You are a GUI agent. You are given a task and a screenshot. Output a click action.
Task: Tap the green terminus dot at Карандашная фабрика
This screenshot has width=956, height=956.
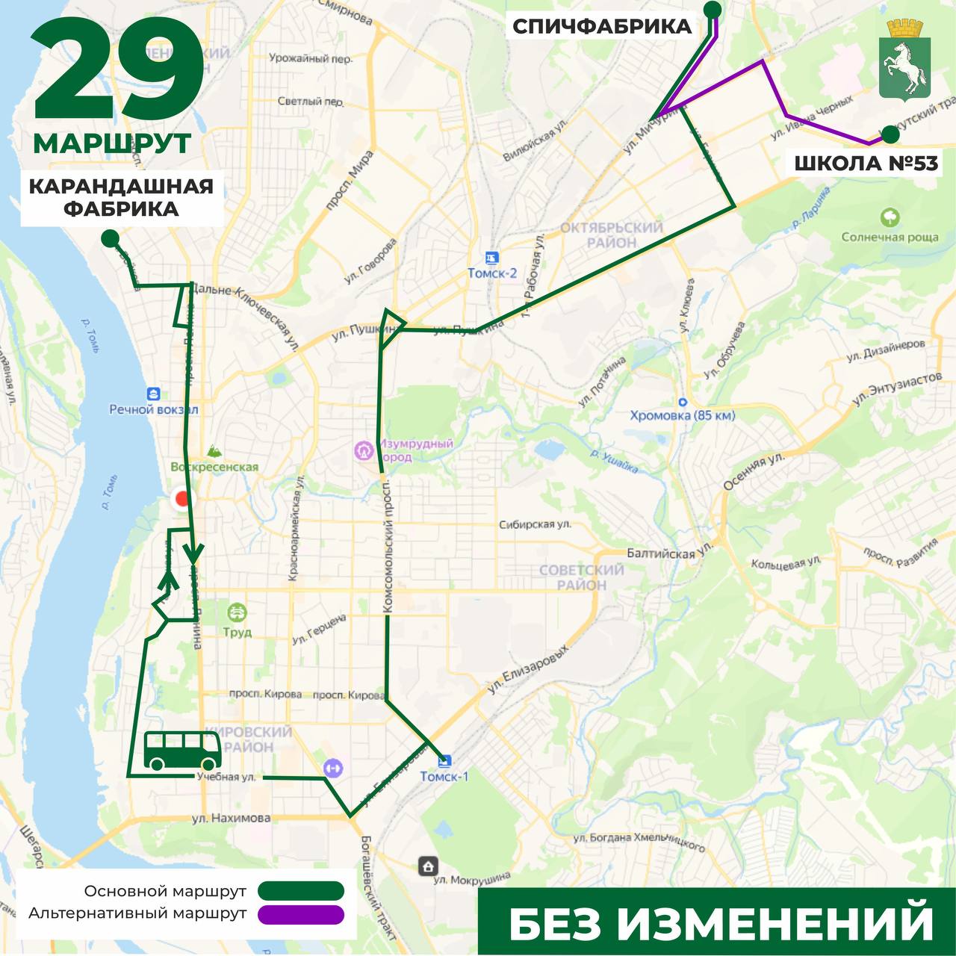[110, 238]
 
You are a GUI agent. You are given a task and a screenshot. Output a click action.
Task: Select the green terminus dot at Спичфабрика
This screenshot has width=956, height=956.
[713, 9]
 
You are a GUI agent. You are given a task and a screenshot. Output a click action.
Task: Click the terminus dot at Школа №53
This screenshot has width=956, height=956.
[890, 134]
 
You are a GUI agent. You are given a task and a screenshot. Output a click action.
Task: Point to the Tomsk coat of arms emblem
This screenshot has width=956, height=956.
[904, 60]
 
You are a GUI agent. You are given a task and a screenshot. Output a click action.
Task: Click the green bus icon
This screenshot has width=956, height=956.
[183, 751]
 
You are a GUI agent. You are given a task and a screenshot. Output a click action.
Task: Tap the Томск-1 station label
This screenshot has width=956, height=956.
[444, 776]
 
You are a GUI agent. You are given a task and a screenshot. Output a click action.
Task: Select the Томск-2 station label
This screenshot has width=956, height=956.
[491, 273]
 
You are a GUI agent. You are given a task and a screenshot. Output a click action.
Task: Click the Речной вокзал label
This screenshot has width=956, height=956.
[153, 409]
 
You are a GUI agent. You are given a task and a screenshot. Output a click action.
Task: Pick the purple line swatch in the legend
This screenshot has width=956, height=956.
[301, 914]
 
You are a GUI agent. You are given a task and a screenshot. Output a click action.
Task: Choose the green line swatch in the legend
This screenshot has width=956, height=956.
[301, 890]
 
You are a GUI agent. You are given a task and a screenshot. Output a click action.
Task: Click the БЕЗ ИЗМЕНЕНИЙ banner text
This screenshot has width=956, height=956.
[721, 923]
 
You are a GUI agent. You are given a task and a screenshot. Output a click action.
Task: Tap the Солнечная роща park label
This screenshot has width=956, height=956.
[890, 237]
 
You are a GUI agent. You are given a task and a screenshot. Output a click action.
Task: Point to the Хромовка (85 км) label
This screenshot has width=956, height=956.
[682, 415]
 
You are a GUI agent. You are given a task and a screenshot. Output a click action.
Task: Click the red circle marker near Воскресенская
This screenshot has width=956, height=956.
[181, 500]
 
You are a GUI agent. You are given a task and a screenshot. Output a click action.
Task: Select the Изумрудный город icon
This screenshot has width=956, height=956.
[364, 450]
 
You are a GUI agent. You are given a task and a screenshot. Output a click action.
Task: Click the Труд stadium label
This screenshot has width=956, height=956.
[237, 632]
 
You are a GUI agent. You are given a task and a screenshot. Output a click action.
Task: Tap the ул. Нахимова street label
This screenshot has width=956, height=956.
[231, 818]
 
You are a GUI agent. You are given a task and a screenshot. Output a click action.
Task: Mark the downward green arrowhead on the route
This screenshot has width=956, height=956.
[193, 556]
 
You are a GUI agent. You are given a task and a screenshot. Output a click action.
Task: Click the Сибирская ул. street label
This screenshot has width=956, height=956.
[535, 524]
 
